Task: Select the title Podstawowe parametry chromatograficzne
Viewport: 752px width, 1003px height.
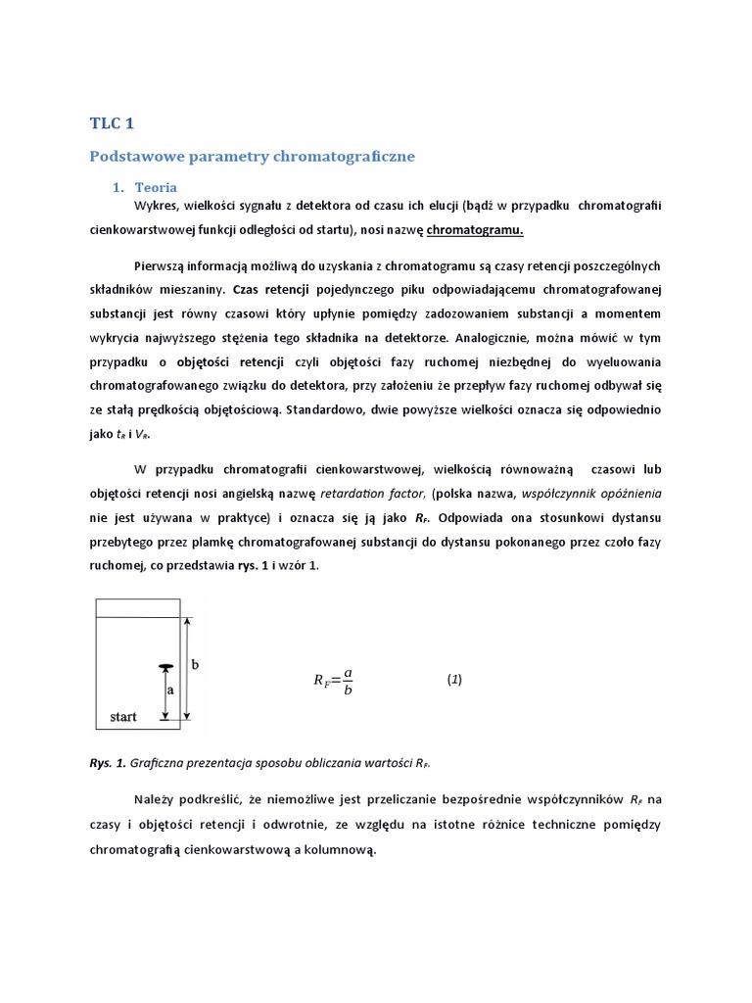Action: (253, 156)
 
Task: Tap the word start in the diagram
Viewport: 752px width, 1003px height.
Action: (123, 717)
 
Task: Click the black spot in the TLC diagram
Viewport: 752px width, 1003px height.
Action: (166, 668)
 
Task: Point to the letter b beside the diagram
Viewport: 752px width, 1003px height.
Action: (195, 664)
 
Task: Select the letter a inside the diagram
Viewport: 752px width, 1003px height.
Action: (170, 690)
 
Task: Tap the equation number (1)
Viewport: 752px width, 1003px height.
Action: (454, 679)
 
